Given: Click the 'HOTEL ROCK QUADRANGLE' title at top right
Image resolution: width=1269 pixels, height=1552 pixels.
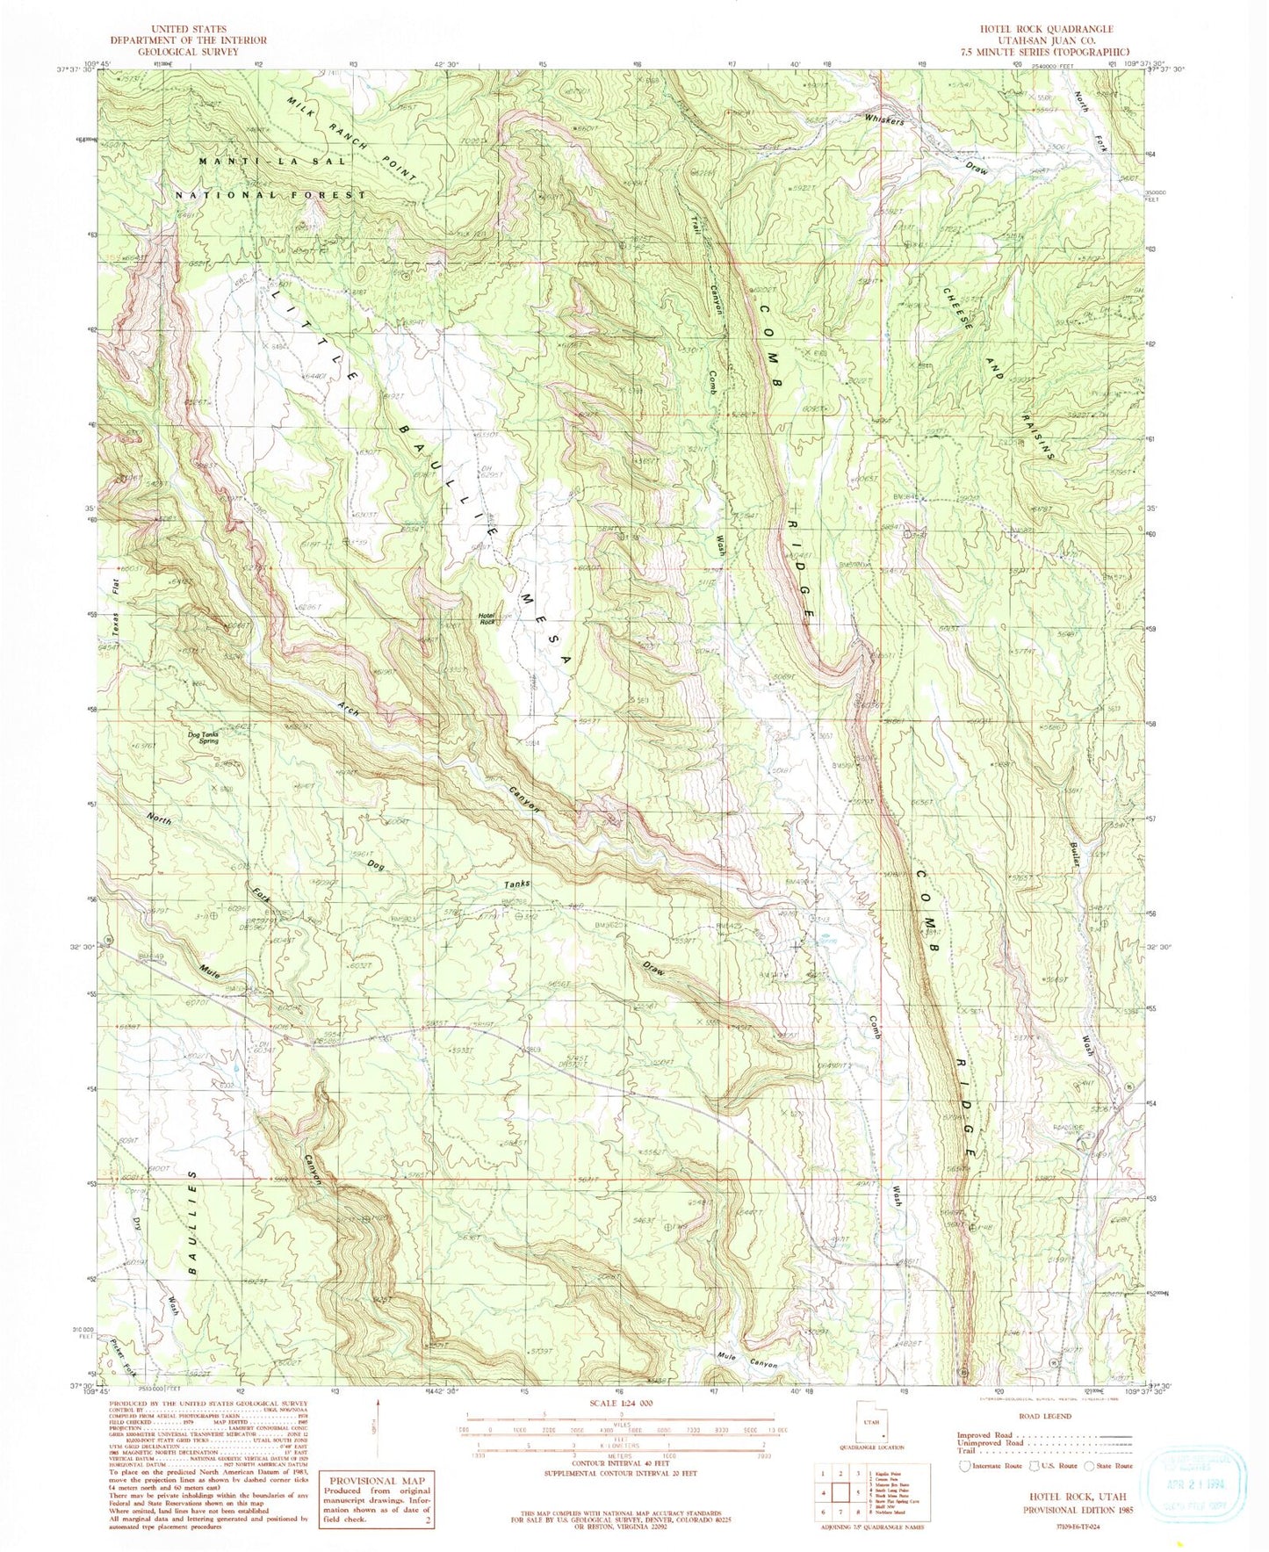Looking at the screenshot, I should pyautogui.click(x=1040, y=30).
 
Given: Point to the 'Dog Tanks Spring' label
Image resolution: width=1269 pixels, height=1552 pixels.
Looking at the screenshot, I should pyautogui.click(x=203, y=738).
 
